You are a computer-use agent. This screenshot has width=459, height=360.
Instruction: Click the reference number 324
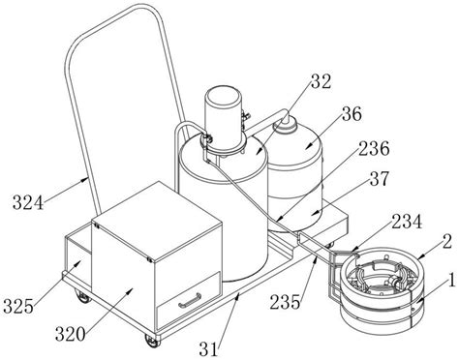click(28, 203)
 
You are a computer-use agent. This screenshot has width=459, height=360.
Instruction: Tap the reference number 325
click(18, 306)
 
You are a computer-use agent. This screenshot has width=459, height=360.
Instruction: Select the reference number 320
click(71, 334)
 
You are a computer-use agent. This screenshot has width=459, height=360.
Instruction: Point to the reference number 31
click(208, 349)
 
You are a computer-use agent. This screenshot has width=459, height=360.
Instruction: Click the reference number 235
click(286, 302)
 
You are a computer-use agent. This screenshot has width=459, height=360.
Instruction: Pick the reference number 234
click(407, 222)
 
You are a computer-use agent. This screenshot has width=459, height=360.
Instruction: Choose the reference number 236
click(375, 149)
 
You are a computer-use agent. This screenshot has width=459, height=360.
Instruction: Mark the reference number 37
click(380, 178)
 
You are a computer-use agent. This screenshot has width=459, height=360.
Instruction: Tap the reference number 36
click(352, 114)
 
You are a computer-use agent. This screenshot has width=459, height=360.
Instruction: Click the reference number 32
click(321, 81)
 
